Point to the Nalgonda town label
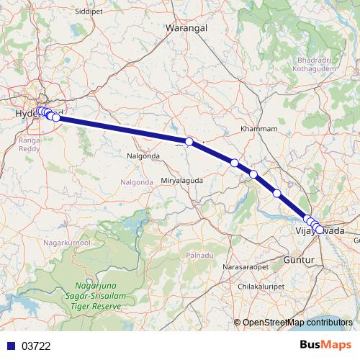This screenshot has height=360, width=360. (143, 155)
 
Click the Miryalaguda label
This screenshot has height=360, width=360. (180, 180)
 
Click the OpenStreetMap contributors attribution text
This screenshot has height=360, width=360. (297, 323)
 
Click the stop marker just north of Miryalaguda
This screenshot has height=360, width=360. (189, 142)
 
